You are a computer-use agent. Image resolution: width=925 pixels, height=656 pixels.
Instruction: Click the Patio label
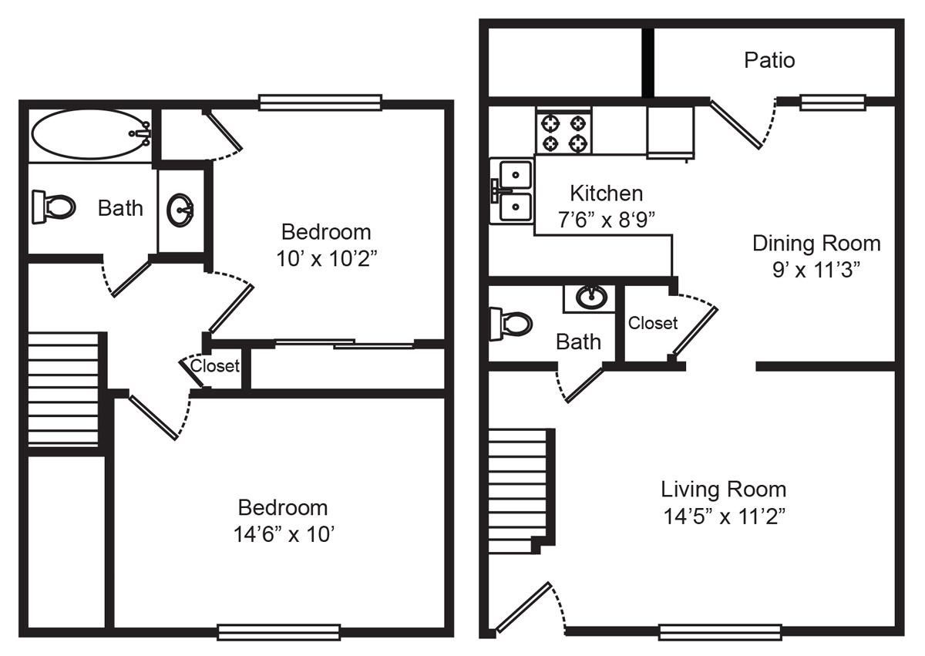coord(769,61)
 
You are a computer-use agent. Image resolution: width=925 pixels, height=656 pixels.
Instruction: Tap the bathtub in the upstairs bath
coord(91,134)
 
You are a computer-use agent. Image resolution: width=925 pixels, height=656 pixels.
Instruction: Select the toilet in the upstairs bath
coord(53,207)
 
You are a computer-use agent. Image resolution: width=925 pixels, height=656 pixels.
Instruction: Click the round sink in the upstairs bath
coord(180,210)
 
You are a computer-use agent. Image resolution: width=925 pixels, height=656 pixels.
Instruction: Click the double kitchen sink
coord(512,191)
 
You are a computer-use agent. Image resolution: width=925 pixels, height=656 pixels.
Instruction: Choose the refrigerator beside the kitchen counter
coord(670,132)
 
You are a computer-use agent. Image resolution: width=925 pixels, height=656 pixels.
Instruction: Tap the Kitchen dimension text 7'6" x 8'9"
coord(606,220)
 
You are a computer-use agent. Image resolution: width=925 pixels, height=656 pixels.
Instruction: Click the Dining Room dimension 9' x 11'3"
coord(816,270)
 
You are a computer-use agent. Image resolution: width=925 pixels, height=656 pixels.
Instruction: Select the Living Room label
coord(724,489)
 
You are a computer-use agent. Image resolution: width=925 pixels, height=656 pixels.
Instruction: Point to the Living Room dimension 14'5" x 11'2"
coord(724,516)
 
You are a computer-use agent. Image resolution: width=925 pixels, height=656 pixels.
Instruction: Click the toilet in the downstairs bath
coord(511,324)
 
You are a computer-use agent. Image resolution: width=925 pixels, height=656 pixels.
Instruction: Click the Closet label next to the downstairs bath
coord(653,323)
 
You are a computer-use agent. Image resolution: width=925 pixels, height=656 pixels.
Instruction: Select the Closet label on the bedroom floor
coord(215,366)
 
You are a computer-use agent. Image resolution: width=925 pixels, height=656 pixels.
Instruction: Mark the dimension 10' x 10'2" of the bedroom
coord(326,259)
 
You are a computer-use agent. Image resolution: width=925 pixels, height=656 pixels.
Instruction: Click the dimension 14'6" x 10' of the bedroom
coord(284,534)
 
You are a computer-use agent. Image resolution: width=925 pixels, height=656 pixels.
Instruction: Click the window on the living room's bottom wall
coord(720,632)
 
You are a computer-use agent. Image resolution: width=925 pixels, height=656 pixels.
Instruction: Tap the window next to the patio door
coord(832,103)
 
